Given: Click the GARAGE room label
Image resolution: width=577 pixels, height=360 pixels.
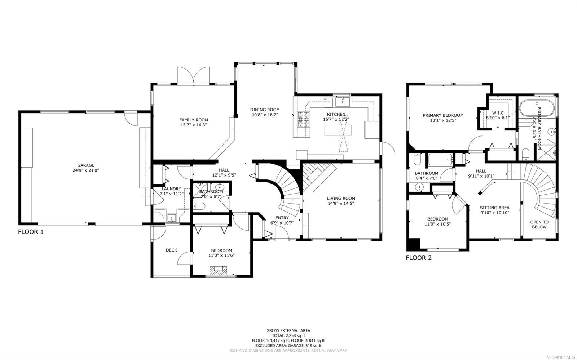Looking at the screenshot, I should [x=85, y=165].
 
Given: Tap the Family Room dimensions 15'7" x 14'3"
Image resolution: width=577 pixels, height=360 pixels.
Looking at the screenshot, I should [x=194, y=125].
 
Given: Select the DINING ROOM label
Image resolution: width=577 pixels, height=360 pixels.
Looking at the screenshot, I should [x=265, y=110].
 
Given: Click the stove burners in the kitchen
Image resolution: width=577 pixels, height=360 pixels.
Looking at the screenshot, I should [x=304, y=119].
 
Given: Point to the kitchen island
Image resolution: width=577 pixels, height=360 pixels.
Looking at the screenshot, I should [x=338, y=130].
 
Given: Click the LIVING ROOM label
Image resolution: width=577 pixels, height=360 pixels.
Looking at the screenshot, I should [x=341, y=198].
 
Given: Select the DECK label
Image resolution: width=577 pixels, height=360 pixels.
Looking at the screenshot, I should [x=171, y=250].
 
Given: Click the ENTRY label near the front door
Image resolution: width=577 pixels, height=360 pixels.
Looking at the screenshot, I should [x=282, y=218].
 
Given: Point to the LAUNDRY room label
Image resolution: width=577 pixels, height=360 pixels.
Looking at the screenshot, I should [x=171, y=189].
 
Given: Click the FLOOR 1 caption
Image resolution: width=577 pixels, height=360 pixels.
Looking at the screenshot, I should [x=31, y=232].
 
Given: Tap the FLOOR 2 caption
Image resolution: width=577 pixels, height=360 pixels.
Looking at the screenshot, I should [x=419, y=258].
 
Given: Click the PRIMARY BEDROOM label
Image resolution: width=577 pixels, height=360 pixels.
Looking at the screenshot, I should [x=443, y=116].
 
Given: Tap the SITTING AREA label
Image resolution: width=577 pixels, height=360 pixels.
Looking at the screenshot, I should [x=494, y=208].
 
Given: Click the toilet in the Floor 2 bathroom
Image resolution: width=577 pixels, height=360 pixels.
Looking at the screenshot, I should [x=417, y=159].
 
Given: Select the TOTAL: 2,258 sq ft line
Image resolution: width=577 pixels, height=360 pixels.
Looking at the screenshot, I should [x=288, y=335].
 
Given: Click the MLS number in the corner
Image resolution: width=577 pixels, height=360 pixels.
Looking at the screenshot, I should [x=559, y=356].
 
